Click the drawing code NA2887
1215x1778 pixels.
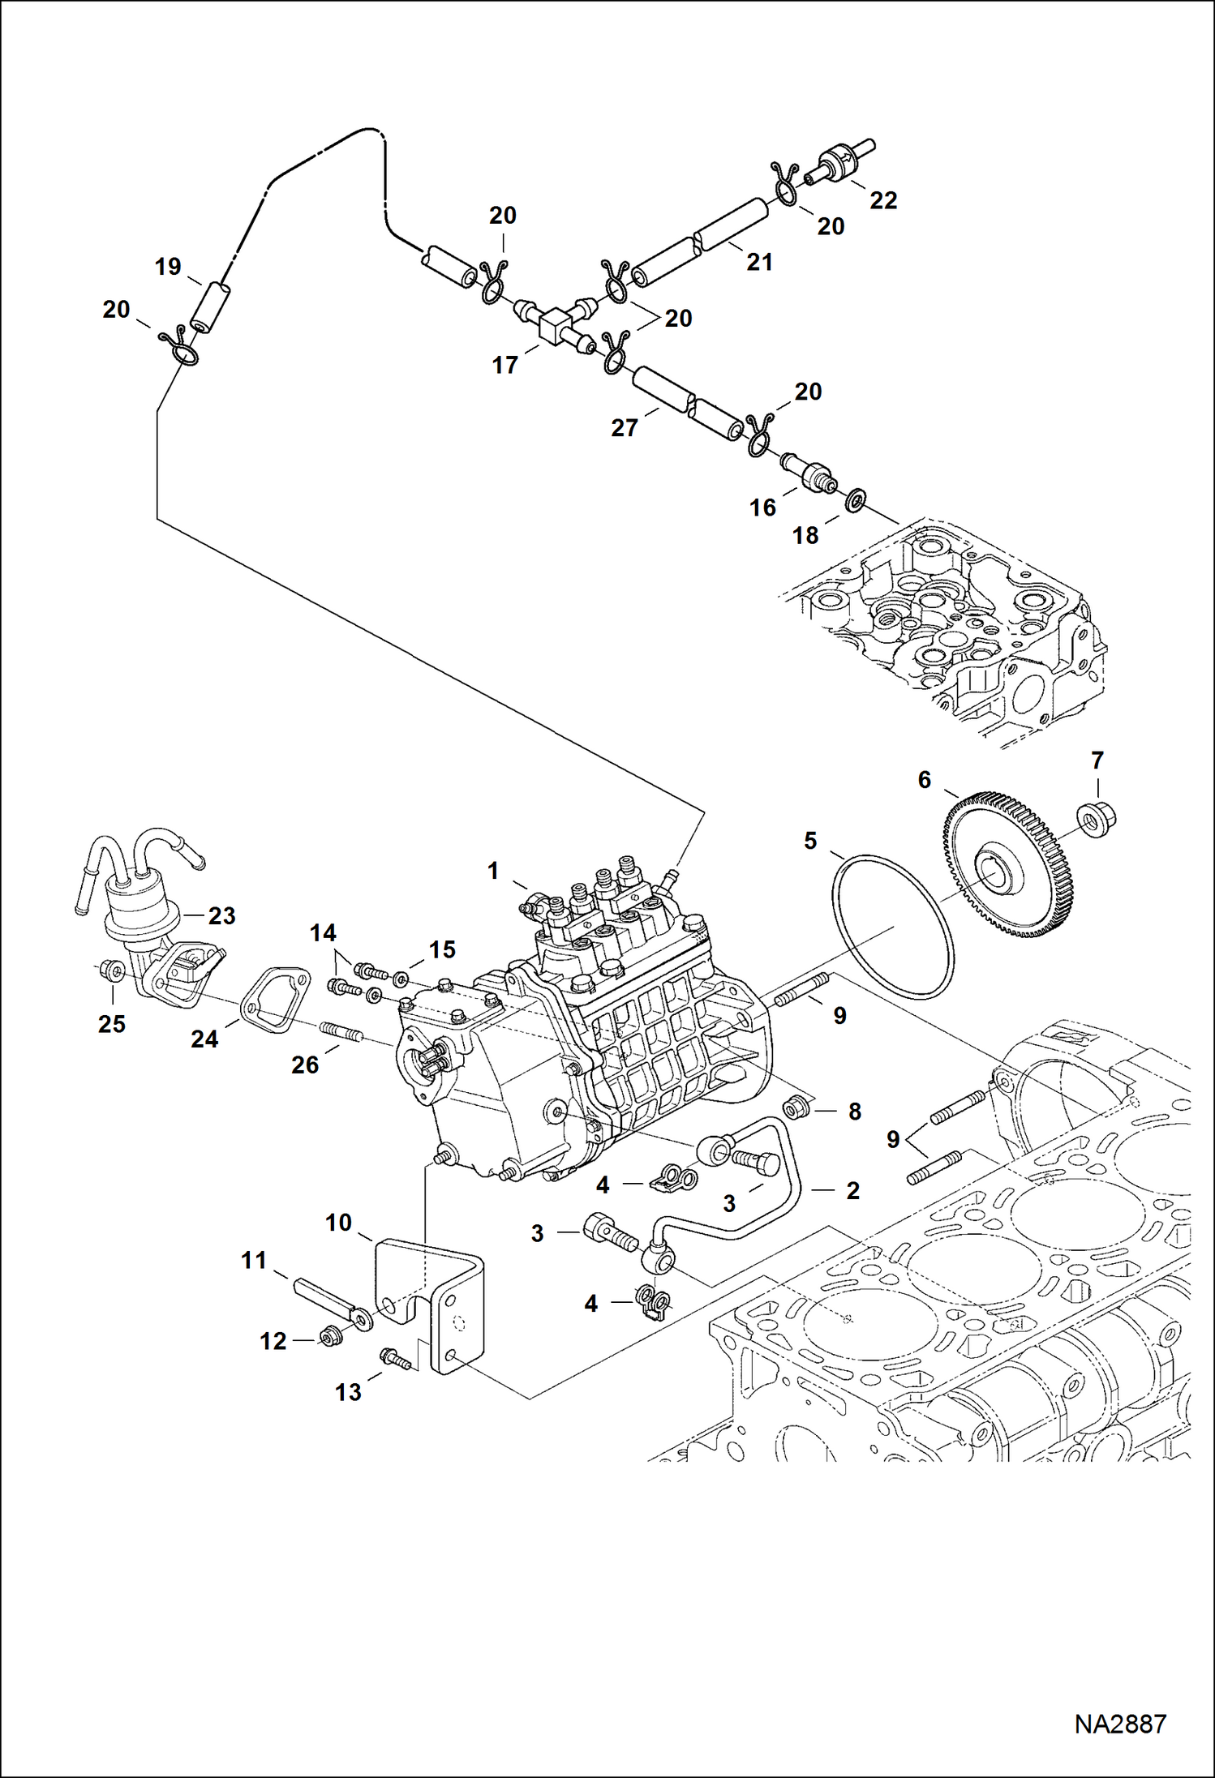tap(1119, 1723)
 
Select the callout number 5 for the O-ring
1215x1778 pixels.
tap(810, 841)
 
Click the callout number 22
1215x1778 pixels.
tap(882, 200)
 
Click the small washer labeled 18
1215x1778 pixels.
tap(855, 501)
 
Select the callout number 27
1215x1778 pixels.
tap(624, 427)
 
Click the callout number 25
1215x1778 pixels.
tap(112, 1024)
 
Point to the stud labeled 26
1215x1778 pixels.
tap(341, 1033)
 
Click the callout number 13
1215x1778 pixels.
tap(348, 1392)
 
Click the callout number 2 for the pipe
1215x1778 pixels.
tap(852, 1190)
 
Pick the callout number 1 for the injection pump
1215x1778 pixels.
tap(492, 871)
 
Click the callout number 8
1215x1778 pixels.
tap(854, 1112)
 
